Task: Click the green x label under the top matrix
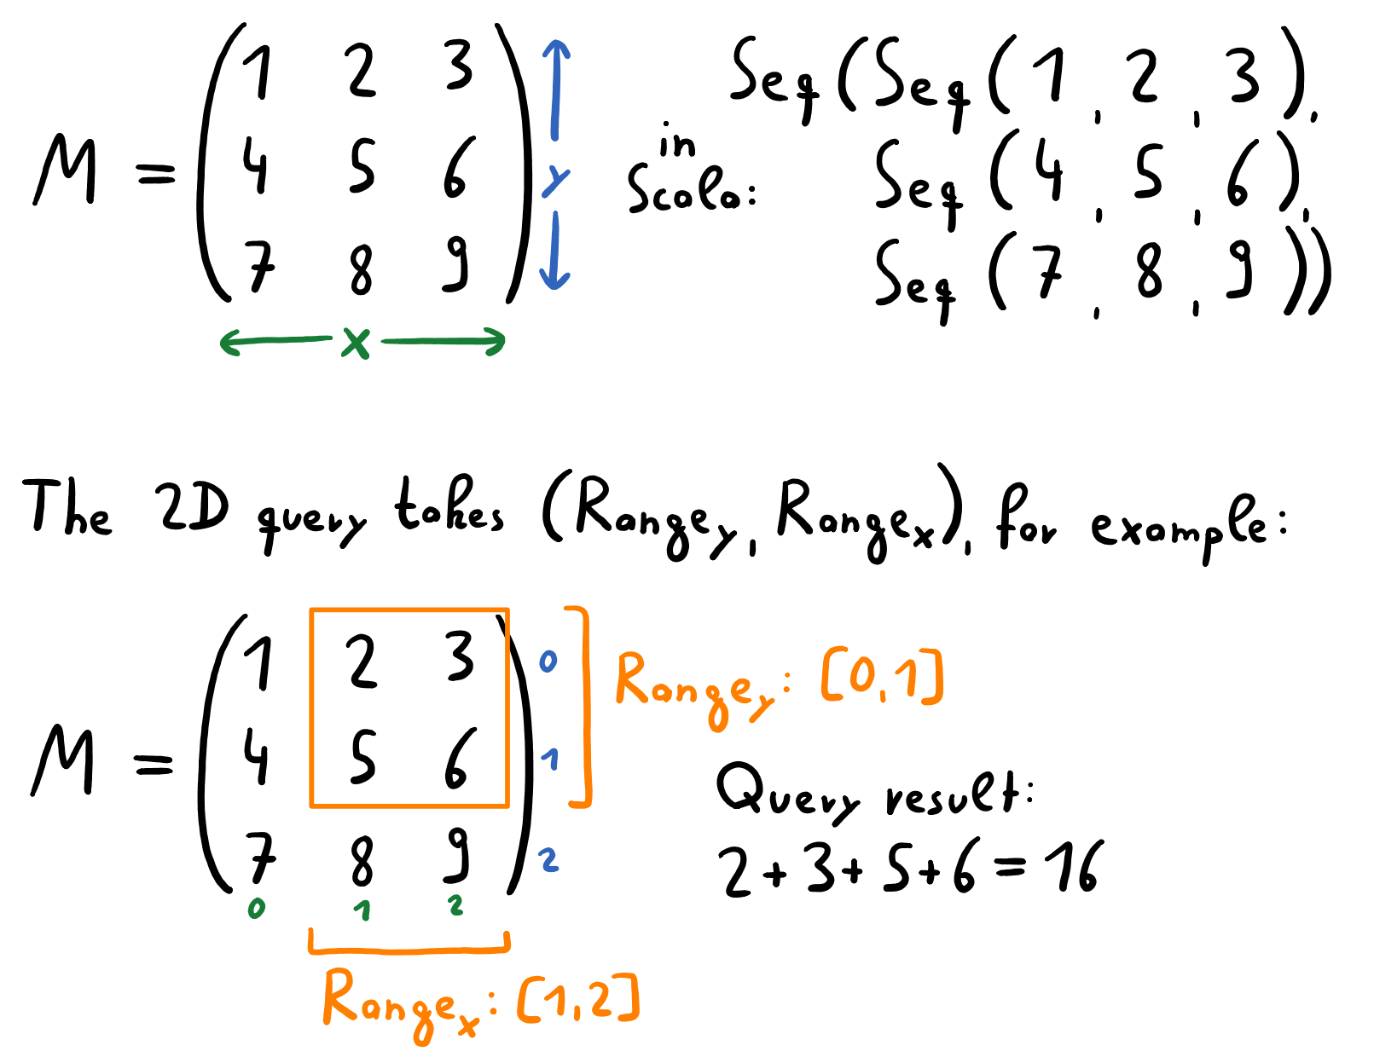(x=357, y=343)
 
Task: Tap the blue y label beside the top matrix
(x=555, y=181)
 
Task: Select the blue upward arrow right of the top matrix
(x=555, y=90)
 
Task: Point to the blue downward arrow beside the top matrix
(x=554, y=251)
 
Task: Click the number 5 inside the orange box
(x=362, y=758)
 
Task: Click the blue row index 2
(x=548, y=859)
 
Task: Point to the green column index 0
(x=257, y=909)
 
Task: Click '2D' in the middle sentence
(x=193, y=508)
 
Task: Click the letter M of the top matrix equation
(x=66, y=170)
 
